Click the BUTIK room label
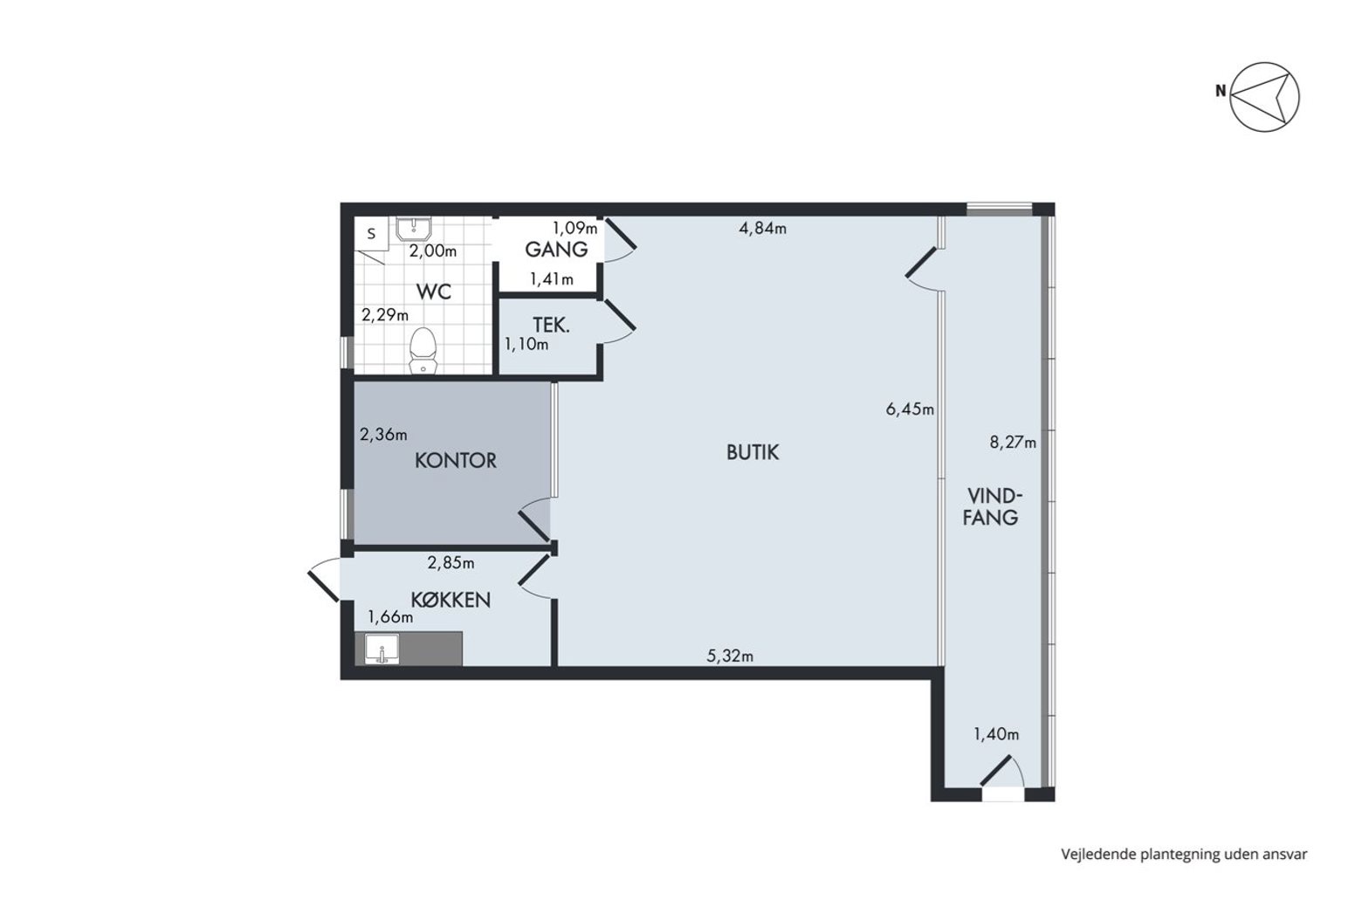(x=752, y=452)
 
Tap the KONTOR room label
(x=456, y=461)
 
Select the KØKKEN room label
(x=451, y=600)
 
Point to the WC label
(x=434, y=292)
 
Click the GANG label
(x=556, y=250)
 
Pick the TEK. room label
(x=552, y=325)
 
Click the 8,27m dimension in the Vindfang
(x=1013, y=442)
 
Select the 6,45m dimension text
(x=910, y=409)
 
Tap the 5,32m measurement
(x=730, y=656)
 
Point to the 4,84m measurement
(x=762, y=228)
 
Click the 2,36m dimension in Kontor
(x=383, y=435)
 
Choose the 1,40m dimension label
(x=996, y=734)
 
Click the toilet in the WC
(x=423, y=352)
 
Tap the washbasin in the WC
(x=414, y=229)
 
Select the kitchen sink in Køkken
(x=382, y=649)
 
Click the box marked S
(x=372, y=233)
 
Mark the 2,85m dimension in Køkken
(x=451, y=563)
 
